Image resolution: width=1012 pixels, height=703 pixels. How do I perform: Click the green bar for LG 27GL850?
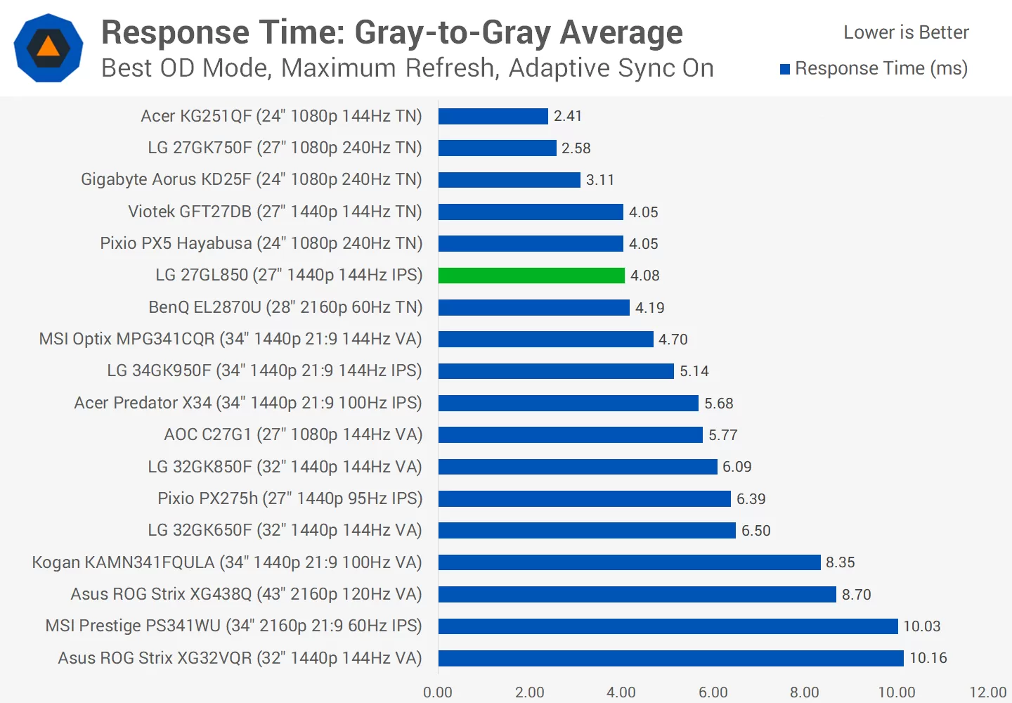(x=531, y=276)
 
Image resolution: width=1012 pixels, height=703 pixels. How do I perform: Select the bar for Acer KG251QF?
(x=493, y=116)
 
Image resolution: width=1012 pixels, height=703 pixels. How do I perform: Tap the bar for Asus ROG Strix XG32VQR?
(x=670, y=658)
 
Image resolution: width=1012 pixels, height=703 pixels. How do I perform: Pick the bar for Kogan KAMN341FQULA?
(x=629, y=562)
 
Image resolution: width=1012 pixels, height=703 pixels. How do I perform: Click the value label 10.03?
(x=921, y=626)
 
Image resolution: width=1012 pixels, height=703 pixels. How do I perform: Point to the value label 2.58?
(x=576, y=148)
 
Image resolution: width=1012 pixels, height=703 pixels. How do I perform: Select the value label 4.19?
(x=649, y=308)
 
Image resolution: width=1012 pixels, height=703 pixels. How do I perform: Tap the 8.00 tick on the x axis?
(x=804, y=692)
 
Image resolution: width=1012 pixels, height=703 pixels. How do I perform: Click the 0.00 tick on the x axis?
(x=438, y=692)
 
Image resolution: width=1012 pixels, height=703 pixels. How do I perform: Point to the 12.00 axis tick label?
(x=987, y=692)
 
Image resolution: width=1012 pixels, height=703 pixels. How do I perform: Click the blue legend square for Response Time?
(x=785, y=69)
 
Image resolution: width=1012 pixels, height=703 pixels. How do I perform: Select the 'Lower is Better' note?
(x=906, y=32)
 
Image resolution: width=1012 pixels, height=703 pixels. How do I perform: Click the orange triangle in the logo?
(x=48, y=47)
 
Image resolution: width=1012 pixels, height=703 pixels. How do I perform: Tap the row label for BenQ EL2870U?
(x=285, y=307)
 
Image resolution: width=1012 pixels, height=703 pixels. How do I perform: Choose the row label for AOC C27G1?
(x=293, y=434)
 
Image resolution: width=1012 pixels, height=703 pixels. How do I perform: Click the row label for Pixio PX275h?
(x=290, y=498)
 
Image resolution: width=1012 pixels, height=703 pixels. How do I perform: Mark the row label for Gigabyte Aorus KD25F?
(x=251, y=179)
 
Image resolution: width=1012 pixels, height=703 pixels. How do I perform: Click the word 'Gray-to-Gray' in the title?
(x=453, y=32)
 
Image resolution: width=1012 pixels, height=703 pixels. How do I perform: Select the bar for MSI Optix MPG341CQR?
(x=545, y=340)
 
